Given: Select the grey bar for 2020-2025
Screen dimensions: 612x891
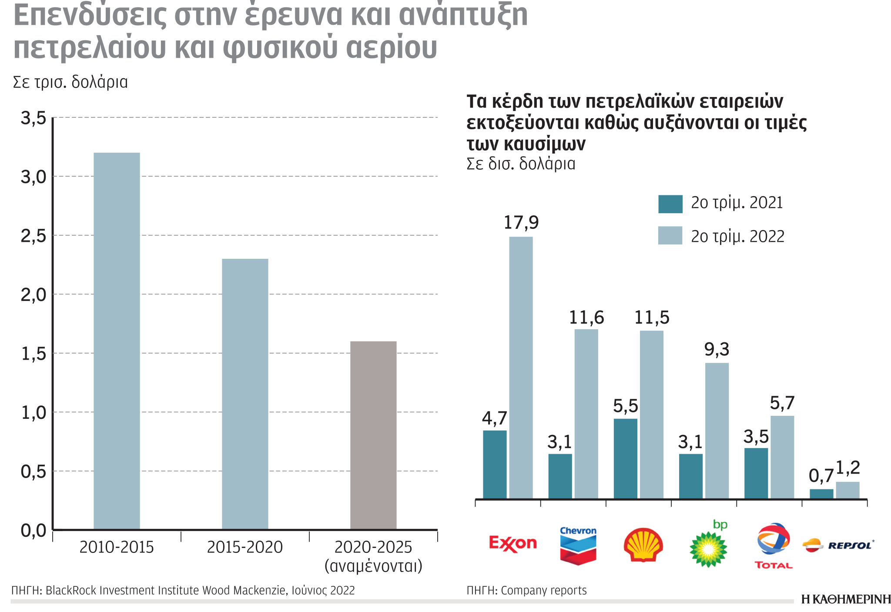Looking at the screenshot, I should click(373, 435).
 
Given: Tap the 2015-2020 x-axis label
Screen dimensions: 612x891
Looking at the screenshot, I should click(245, 547).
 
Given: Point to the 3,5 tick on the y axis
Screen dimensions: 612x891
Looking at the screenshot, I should click(33, 118).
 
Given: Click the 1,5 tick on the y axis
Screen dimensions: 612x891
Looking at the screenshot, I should click(33, 354).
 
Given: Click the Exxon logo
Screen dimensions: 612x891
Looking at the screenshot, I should click(512, 543).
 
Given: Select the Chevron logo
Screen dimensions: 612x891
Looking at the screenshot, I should click(578, 545).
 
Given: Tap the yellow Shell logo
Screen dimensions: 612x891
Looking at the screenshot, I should click(643, 545).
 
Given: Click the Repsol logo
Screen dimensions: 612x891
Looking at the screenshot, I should click(838, 545).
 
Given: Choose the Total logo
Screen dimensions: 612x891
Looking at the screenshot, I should click(774, 545).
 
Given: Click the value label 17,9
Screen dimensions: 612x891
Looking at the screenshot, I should click(521, 223).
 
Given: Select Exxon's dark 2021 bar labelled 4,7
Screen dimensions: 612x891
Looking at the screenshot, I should click(495, 464).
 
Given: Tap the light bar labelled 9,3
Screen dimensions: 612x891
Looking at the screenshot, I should click(717, 431).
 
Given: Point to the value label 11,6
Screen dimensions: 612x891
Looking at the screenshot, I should click(586, 318).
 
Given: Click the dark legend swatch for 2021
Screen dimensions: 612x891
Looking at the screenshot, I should click(670, 204).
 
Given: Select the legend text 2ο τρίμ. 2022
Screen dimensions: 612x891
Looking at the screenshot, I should click(737, 236).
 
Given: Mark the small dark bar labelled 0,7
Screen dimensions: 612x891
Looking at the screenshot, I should click(821, 494).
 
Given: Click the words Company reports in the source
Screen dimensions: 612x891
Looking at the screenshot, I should click(543, 590).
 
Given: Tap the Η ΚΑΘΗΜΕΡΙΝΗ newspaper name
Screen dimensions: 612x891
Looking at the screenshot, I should click(845, 599).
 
